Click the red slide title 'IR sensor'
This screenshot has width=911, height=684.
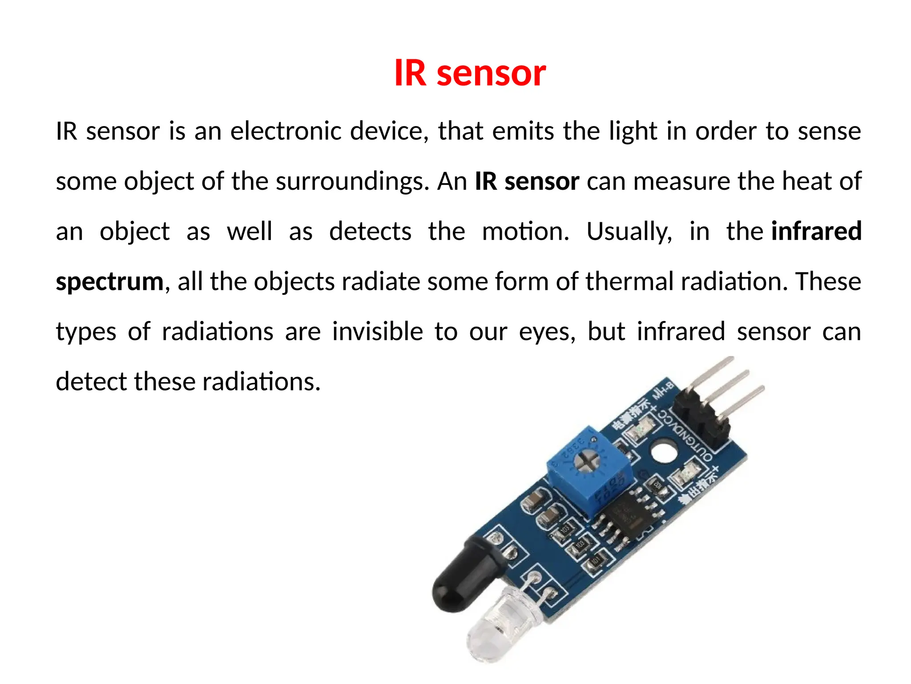[x=470, y=73]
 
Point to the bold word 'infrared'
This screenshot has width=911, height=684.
[x=816, y=231]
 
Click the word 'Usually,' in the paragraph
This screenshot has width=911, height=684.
[x=629, y=232]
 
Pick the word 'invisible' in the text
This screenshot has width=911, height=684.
[x=377, y=332]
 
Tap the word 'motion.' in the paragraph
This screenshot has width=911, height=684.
[x=525, y=232]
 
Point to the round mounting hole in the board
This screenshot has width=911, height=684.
[x=664, y=452]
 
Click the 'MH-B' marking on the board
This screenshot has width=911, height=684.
[x=663, y=391]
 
